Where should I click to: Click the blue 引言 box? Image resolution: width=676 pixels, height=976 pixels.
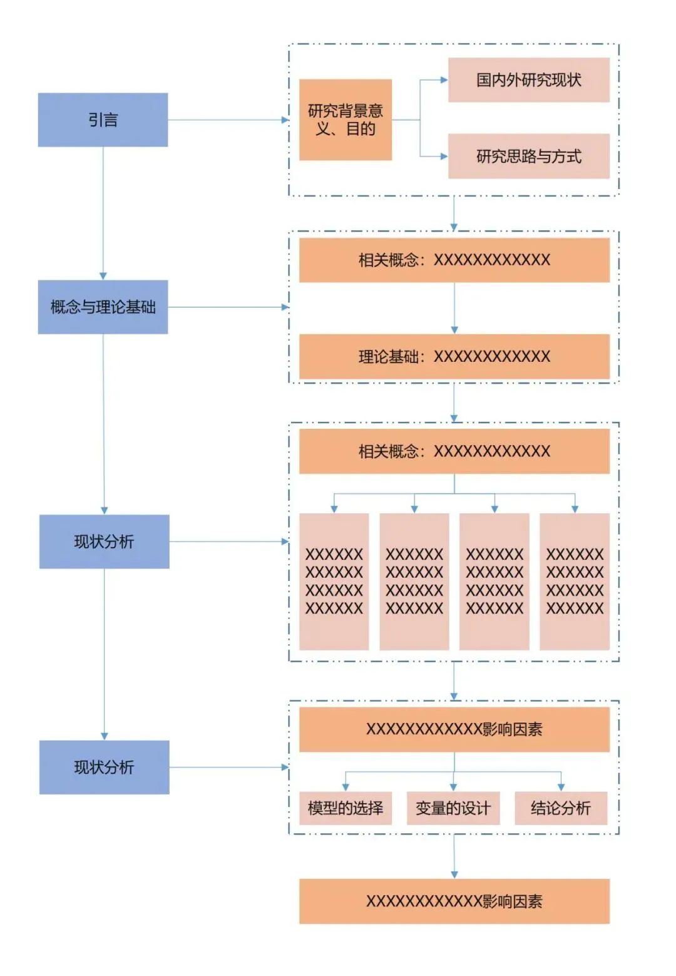coord(103,120)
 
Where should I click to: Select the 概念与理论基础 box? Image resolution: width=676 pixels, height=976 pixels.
coord(103,307)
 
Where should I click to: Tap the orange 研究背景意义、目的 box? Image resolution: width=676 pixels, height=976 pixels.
coord(346,120)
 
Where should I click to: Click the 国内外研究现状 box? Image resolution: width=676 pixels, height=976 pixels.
coord(529,80)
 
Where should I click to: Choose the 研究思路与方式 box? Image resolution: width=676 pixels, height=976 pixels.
coord(529,156)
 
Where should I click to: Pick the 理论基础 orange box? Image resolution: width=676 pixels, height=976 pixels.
coord(454,356)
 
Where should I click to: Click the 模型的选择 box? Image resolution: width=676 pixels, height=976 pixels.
coord(346,808)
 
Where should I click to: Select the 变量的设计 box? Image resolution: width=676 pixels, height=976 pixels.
coord(453,808)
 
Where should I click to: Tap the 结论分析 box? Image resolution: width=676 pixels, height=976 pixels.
coord(561,808)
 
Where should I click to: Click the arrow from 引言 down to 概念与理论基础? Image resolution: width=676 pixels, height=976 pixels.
coord(103,213)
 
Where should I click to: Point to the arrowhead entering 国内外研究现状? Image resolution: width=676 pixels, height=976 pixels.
coord(444,80)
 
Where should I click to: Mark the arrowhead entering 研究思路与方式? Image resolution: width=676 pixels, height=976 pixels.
coord(444,156)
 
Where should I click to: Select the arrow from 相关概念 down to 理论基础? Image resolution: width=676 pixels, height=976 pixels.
coord(454,308)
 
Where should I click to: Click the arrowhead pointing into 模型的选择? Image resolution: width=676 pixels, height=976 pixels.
coord(346,788)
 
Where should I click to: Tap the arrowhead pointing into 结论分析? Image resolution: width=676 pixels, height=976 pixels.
coord(561,788)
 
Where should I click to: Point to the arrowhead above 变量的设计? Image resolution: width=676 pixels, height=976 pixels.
coord(453,788)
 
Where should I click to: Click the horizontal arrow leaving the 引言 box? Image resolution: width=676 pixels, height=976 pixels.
coord(228,120)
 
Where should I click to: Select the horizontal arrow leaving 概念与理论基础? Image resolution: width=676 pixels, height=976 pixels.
coord(228,307)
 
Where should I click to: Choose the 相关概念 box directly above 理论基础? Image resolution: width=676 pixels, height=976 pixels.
coord(454,260)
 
